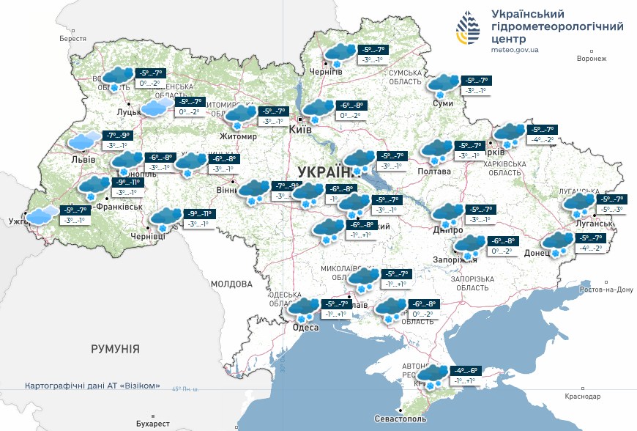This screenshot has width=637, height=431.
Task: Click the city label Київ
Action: [x=300, y=130]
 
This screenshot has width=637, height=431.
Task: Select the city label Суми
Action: [x=443, y=103]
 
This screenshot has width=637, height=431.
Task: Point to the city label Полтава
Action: [x=433, y=171]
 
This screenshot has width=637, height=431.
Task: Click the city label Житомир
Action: [x=238, y=136]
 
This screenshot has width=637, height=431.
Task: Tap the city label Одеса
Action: [x=305, y=328]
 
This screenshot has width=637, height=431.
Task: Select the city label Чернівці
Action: [x=149, y=236]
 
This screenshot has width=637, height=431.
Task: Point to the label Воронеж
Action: [x=592, y=59]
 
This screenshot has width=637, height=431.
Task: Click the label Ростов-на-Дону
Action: [x=605, y=290]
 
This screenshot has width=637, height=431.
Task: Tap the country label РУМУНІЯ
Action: [x=115, y=349]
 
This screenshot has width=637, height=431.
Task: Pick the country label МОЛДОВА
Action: [x=231, y=283]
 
